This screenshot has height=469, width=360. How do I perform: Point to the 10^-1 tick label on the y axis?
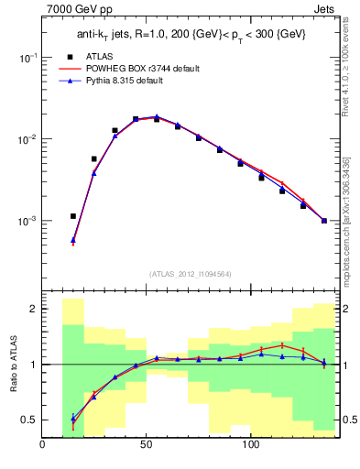27,57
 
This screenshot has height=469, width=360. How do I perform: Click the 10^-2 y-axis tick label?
27,139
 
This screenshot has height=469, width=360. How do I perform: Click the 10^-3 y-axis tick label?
27,222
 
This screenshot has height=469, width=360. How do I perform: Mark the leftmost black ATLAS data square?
73,216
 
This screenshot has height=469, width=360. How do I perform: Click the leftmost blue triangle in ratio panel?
73,419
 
